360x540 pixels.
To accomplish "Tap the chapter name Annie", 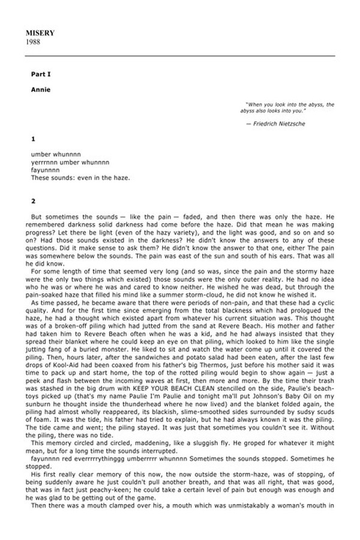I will pyautogui.click(x=41, y=89).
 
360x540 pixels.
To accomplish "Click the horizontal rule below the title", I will pyautogui.click(x=180, y=55).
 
